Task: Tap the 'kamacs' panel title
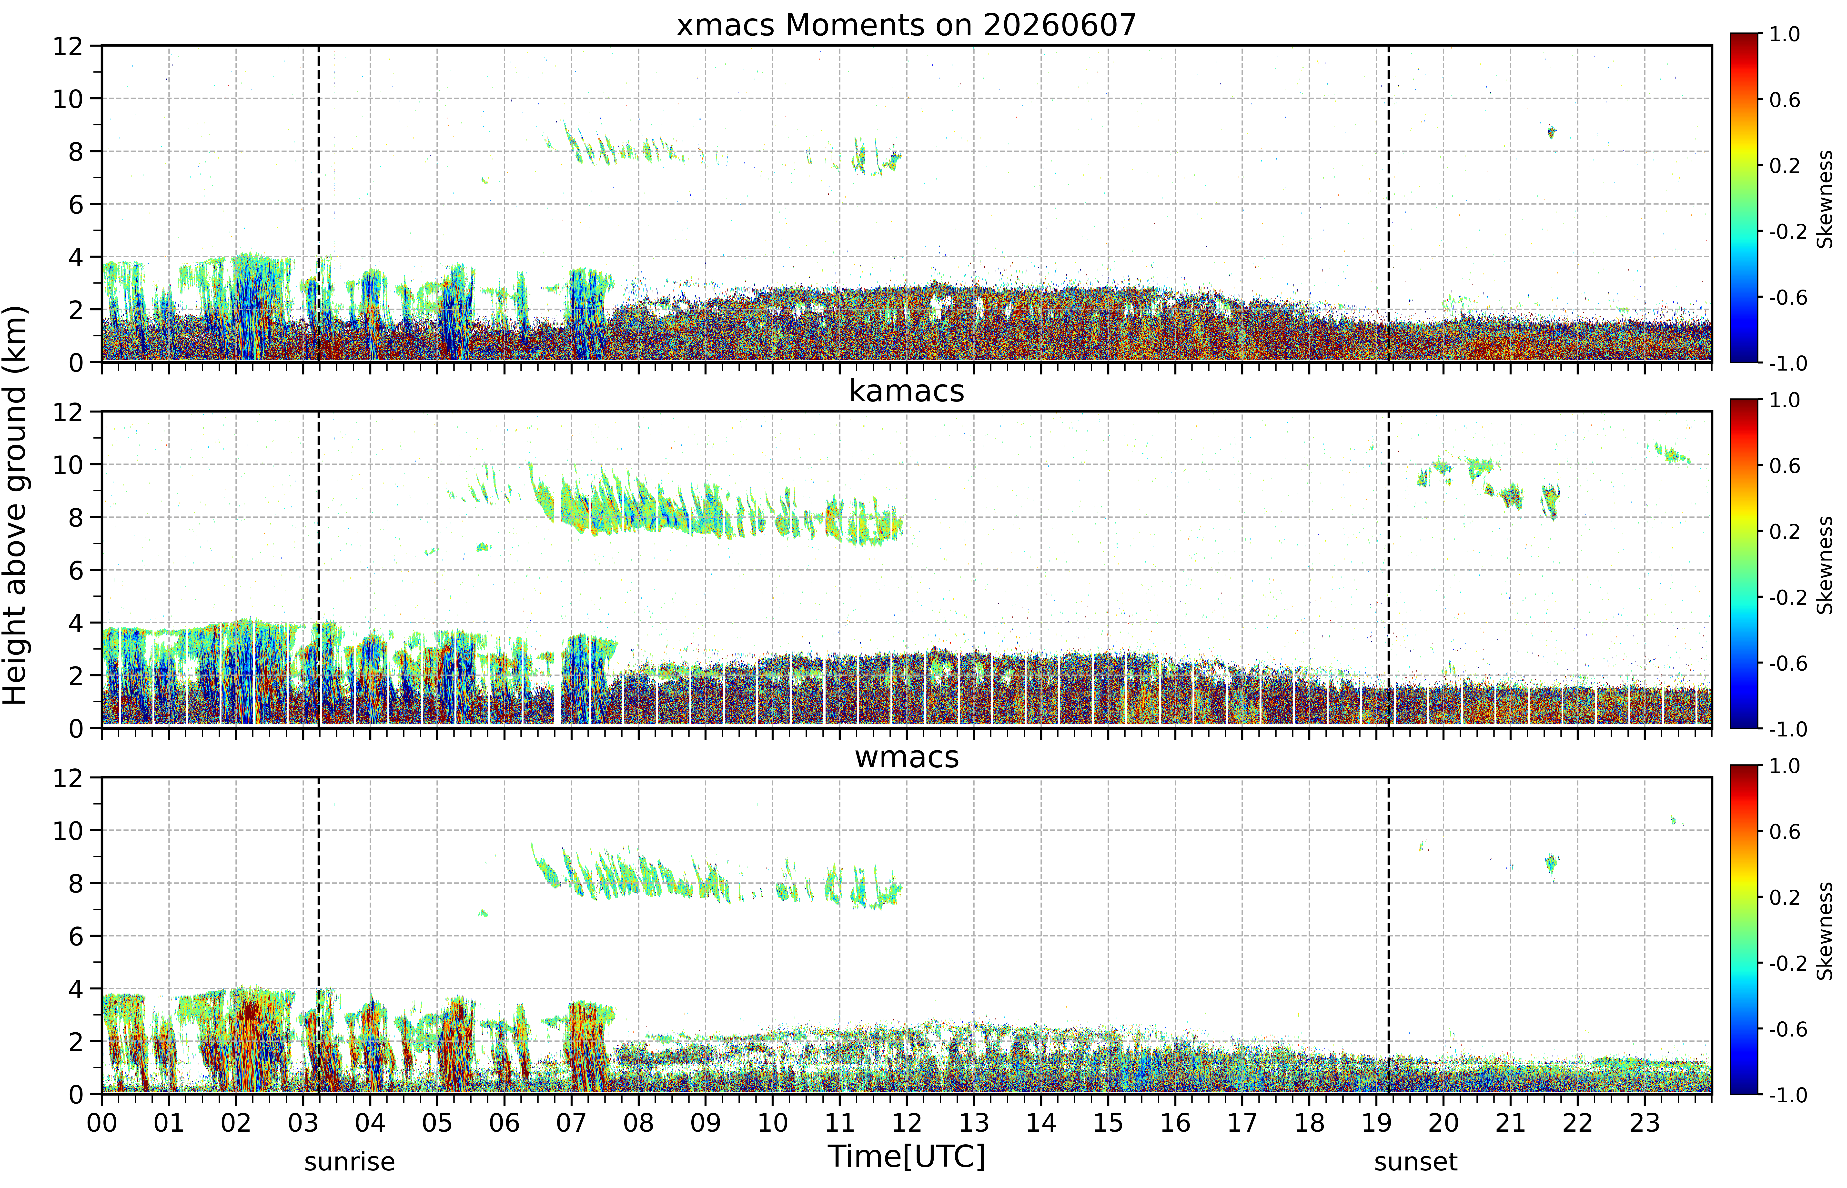click(x=907, y=391)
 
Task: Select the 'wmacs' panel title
click(x=907, y=757)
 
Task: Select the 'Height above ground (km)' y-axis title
click(x=15, y=505)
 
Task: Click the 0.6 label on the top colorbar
click(x=1785, y=100)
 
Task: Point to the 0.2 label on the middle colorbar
click(x=1785, y=532)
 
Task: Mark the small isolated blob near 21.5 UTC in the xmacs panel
click(x=1552, y=132)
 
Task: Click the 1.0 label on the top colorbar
click(x=1785, y=34)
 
